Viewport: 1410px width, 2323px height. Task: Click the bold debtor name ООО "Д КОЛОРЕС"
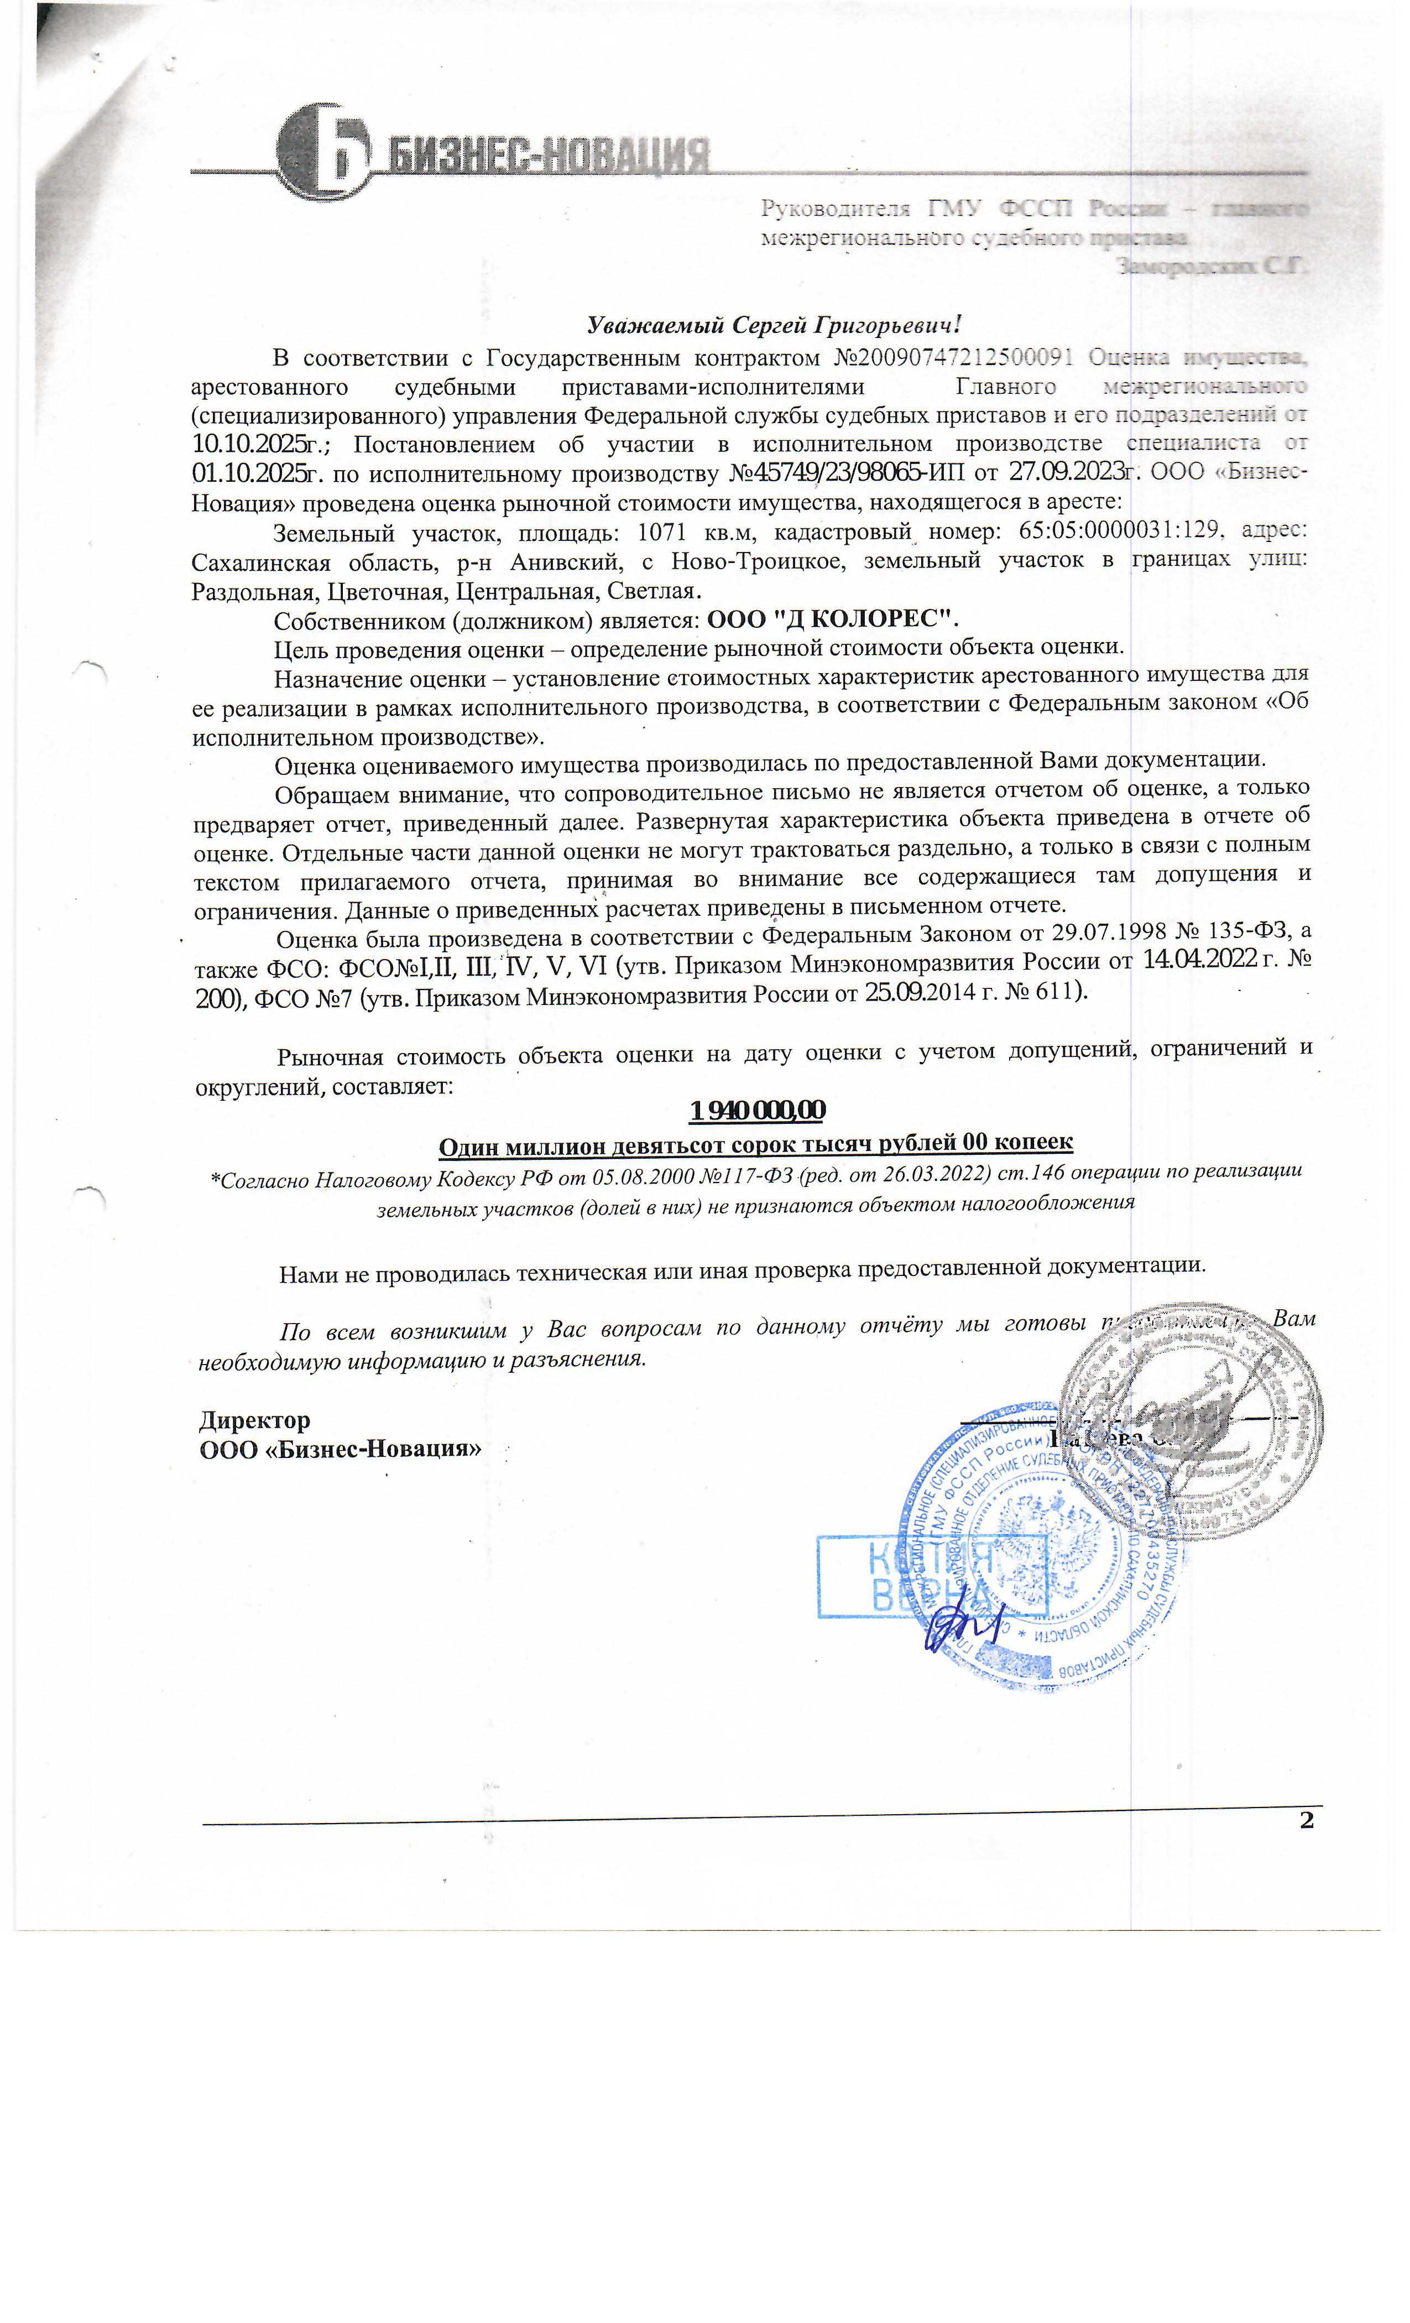coord(832,618)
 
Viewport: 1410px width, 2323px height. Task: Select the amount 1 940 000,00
coord(757,1110)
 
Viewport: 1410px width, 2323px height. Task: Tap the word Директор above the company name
coord(254,1420)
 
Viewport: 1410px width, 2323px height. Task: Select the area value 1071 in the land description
coord(667,532)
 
